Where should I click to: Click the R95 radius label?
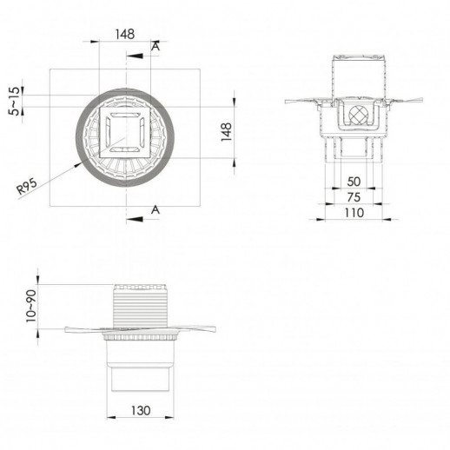[x=27, y=187]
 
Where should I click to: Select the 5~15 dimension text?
[x=15, y=101]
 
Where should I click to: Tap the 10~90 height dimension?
[x=31, y=307]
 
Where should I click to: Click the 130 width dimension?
[x=141, y=410]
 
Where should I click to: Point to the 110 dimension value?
[x=354, y=213]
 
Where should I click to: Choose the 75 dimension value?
[x=354, y=197]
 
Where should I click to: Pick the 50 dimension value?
[x=354, y=182]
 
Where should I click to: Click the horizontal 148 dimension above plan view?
[x=125, y=34]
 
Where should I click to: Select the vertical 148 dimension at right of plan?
[x=227, y=132]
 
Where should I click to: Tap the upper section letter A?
[x=156, y=46]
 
